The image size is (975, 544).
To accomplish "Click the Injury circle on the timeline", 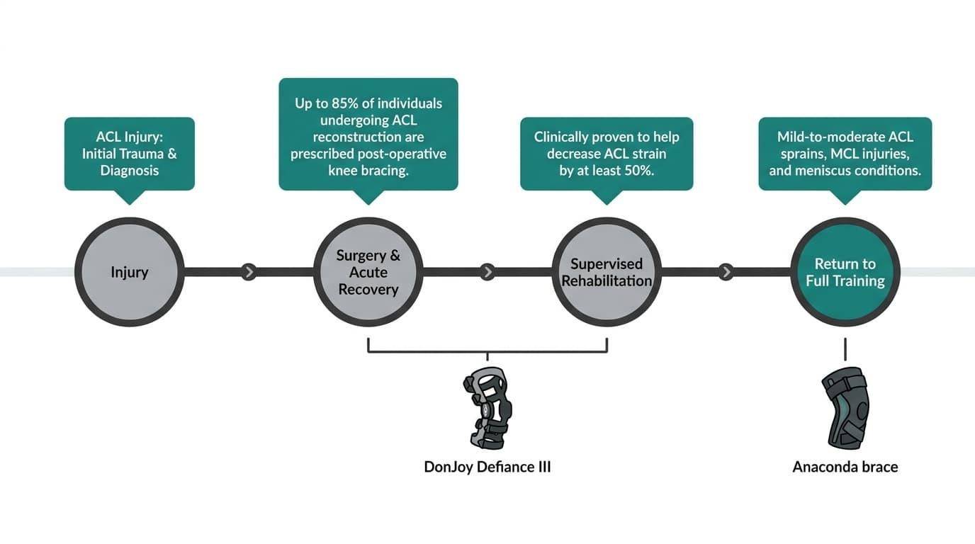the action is point(129,272).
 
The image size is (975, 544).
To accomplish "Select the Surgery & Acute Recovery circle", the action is point(368,272).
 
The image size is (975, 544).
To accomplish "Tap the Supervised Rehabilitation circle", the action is point(607,272).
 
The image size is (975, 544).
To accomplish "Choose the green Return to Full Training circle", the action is point(845,272).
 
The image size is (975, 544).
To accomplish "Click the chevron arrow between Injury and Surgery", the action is point(249,272).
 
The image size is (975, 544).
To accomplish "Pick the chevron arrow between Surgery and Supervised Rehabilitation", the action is point(487,272).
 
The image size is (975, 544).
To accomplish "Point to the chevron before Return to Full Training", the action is point(726,272).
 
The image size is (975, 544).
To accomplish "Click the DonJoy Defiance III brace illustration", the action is point(487,408).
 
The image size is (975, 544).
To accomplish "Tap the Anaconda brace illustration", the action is point(845,408).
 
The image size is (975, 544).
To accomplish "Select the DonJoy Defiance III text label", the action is point(487,467).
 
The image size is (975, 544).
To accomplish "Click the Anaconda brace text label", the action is point(845,467).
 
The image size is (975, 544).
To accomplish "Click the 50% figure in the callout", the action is point(639,170).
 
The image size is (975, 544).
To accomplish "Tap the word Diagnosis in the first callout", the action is point(129,170).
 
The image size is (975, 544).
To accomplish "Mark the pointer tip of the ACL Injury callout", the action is point(129,205).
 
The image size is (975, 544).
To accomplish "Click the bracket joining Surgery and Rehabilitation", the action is point(487,351).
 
